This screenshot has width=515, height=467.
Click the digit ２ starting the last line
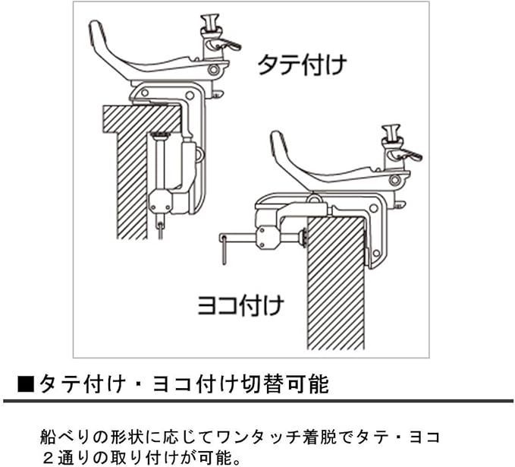click(47, 459)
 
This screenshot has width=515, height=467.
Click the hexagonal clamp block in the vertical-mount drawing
click(161, 201)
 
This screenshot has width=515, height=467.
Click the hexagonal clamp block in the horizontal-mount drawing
click(267, 238)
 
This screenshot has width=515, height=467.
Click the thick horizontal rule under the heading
click(257, 400)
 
